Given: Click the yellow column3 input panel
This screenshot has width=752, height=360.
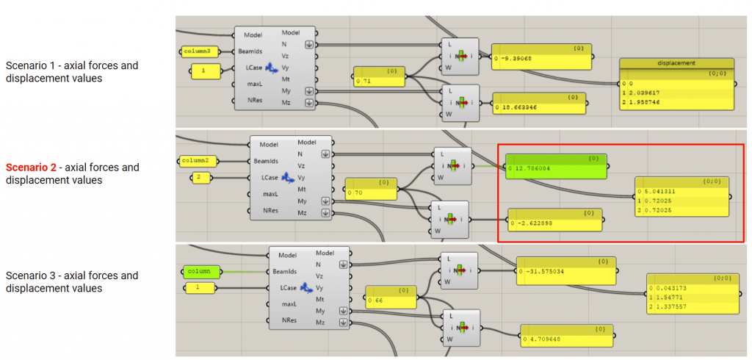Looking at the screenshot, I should tap(200, 51).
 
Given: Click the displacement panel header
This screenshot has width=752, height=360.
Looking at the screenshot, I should tap(676, 63).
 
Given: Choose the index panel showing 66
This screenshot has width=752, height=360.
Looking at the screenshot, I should tap(390, 298).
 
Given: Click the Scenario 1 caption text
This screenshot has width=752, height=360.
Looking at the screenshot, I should tap(72, 72).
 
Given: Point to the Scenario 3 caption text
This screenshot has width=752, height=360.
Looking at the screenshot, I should tap(72, 282).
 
